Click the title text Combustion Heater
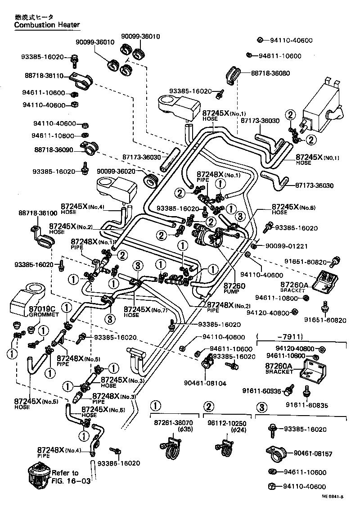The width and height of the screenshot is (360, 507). pyautogui.click(x=47, y=25)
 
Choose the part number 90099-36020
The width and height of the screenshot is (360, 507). pyautogui.click(x=118, y=171)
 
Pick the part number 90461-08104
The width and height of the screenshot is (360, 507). pyautogui.click(x=205, y=383)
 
